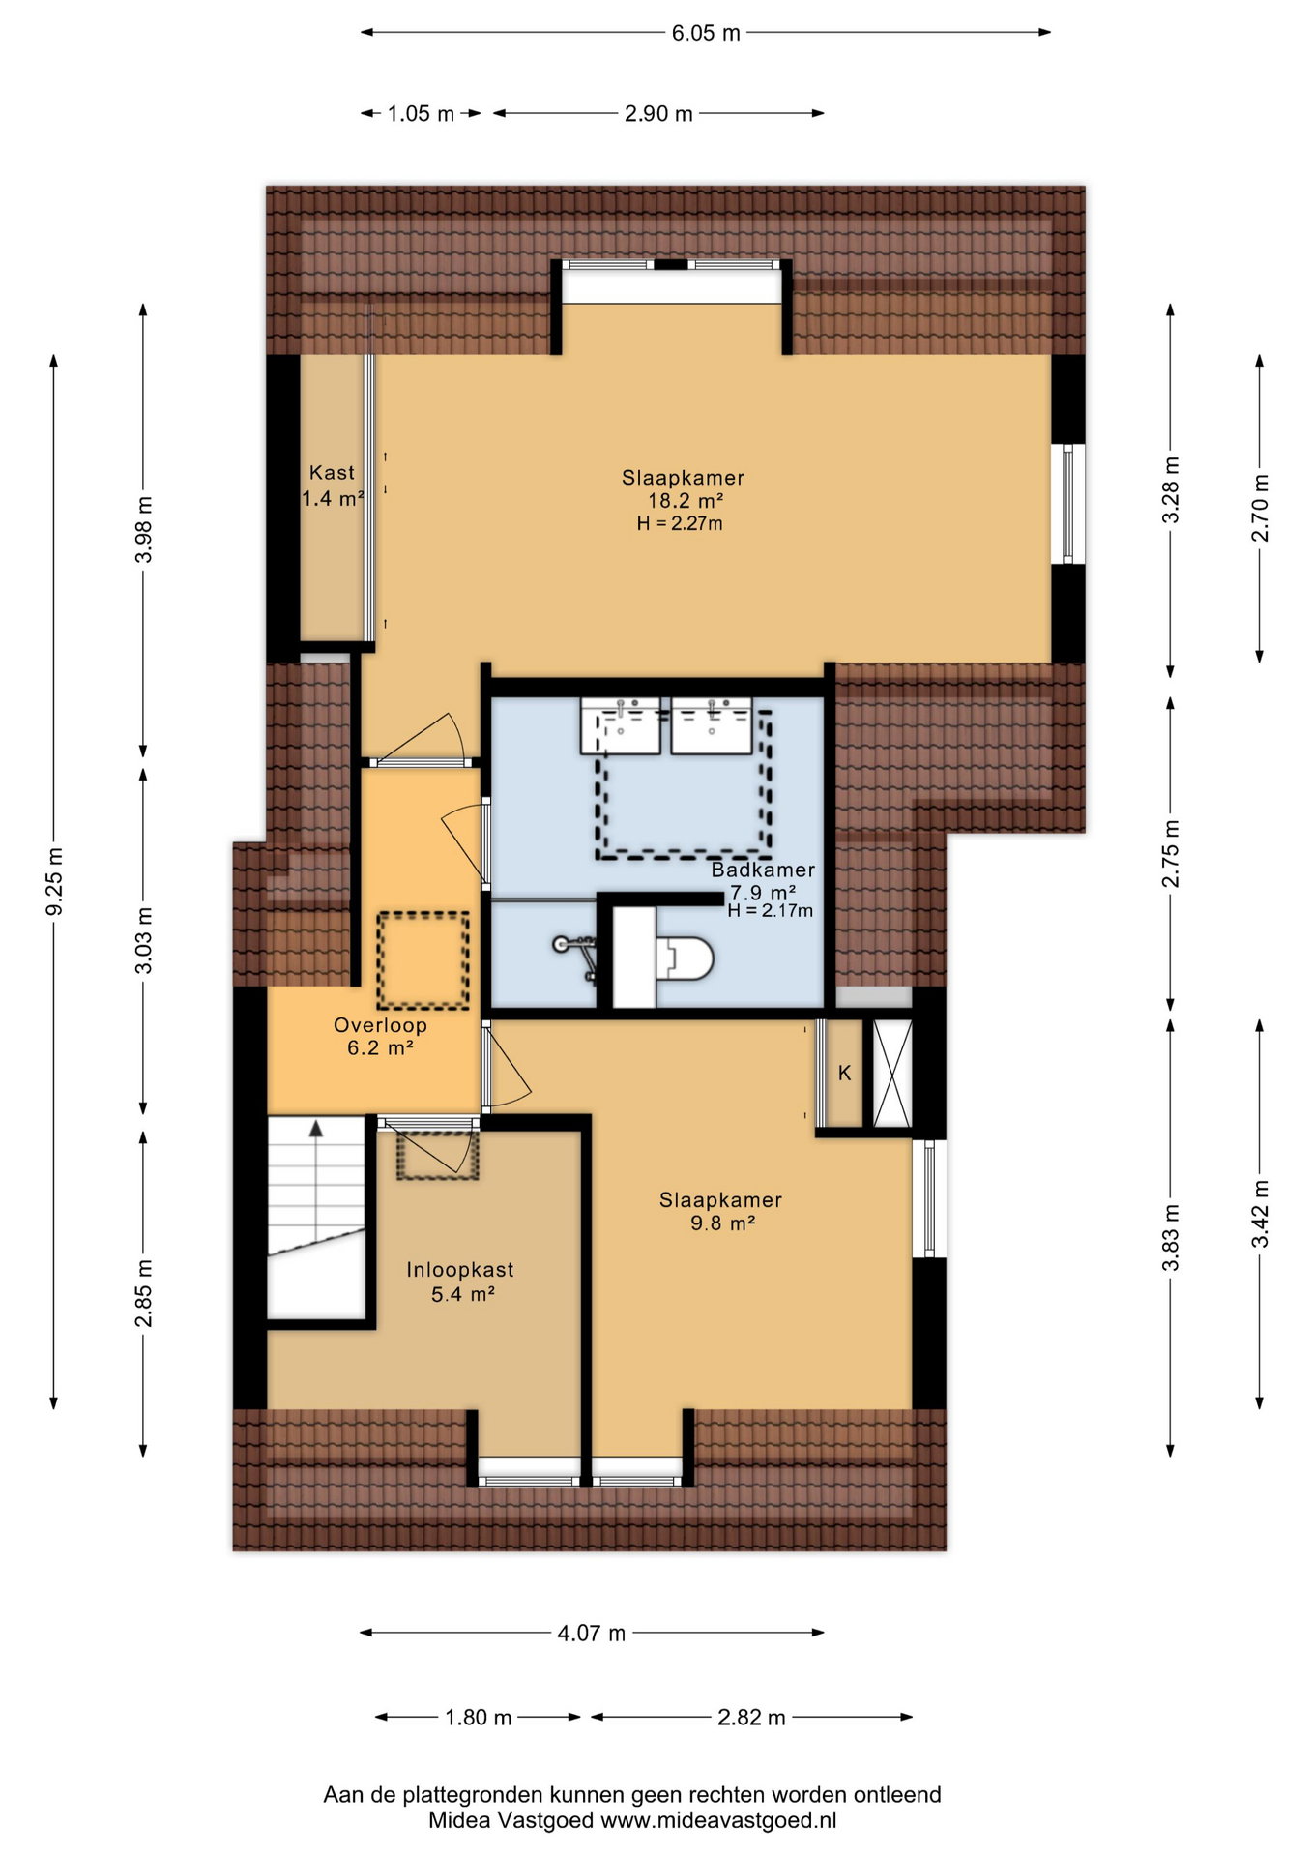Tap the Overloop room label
[x=380, y=1025]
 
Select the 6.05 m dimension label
[x=706, y=33]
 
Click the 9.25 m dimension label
[x=55, y=880]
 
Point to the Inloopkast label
[x=460, y=1270]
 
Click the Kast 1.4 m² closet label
[x=333, y=486]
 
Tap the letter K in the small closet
[x=845, y=1073]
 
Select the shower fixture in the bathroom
[x=576, y=954]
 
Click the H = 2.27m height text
[x=680, y=523]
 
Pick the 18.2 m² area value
[x=686, y=500]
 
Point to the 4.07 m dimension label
[x=592, y=1633]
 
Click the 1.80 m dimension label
[x=478, y=1717]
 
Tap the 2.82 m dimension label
[x=751, y=1717]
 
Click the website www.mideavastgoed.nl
[x=718, y=1820]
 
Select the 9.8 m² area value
[x=722, y=1223]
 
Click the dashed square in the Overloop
[x=423, y=960]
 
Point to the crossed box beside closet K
[x=892, y=1073]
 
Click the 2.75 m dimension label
[x=1171, y=853]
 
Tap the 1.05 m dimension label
[x=421, y=114]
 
